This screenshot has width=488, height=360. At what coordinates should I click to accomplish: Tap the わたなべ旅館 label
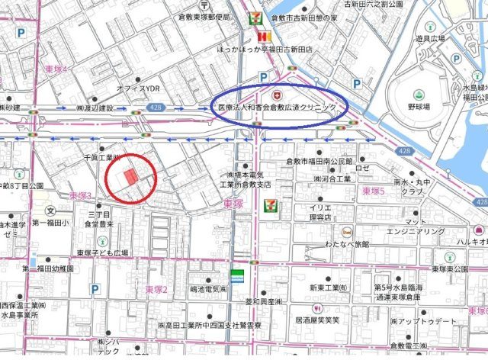pos(347,244)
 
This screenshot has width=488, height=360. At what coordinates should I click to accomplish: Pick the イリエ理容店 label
pos(319,212)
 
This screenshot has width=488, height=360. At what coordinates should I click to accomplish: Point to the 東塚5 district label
pos(374,191)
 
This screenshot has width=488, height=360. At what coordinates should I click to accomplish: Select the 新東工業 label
pos(329,288)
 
